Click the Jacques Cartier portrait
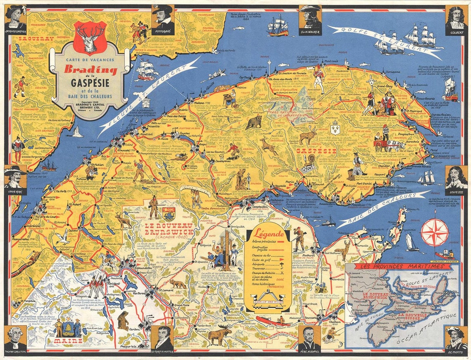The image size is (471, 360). coord(16,17)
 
